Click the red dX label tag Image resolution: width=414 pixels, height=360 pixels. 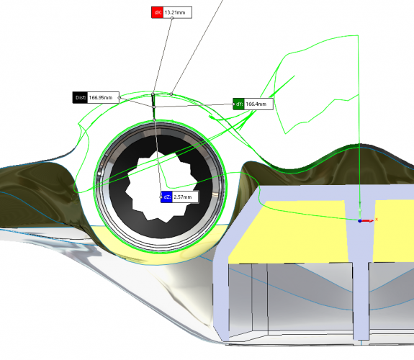[x=158, y=12]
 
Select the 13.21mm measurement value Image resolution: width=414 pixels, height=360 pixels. [x=175, y=12]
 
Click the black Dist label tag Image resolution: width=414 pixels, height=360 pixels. [x=80, y=97]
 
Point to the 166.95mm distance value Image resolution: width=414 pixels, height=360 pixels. [x=101, y=97]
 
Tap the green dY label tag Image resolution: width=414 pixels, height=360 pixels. [x=239, y=104]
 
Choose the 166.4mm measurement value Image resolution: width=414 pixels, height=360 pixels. [x=256, y=104]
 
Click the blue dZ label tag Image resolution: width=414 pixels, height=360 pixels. [x=166, y=197]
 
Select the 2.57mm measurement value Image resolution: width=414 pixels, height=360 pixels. [x=183, y=197]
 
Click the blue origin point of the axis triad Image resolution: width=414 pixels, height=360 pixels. [x=359, y=220]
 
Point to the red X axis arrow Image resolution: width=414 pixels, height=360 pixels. [x=368, y=220]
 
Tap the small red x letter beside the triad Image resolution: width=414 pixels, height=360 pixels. [x=377, y=219]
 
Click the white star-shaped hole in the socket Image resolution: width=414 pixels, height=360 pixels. [x=161, y=186]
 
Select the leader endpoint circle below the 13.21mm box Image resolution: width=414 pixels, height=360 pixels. [x=172, y=18]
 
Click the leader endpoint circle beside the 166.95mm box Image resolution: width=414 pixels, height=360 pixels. [x=119, y=98]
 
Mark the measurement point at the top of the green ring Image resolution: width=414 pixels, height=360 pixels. [x=155, y=120]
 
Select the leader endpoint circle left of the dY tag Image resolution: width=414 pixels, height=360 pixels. [x=233, y=104]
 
